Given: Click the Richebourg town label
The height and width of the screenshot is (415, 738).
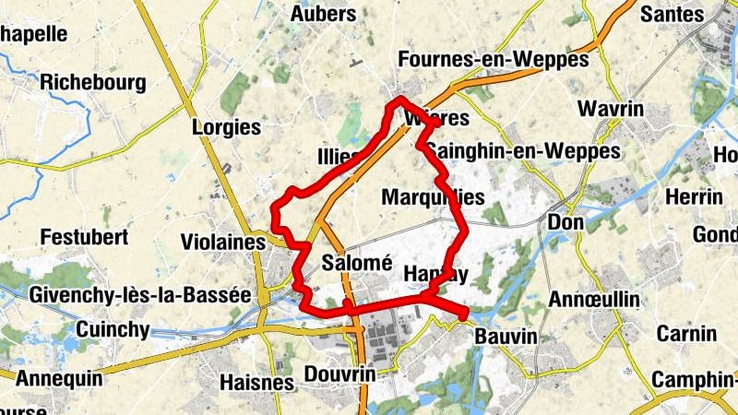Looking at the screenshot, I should (x=93, y=83).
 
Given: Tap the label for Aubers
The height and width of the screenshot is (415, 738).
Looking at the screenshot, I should (x=322, y=14).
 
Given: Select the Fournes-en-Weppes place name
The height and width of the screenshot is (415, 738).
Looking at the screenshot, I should (x=493, y=60).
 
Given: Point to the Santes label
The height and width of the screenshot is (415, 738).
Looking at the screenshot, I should (x=672, y=14).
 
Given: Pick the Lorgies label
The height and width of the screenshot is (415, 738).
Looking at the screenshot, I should (x=226, y=127).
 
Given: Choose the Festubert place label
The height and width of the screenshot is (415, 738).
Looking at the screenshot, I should (x=83, y=237).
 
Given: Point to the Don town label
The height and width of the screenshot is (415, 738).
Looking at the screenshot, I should (x=565, y=222).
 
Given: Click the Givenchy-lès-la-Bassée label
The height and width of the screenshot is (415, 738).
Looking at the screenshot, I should (x=140, y=295).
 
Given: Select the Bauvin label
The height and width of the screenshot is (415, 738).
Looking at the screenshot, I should (x=505, y=338).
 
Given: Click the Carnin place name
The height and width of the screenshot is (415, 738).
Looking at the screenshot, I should (x=686, y=333).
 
